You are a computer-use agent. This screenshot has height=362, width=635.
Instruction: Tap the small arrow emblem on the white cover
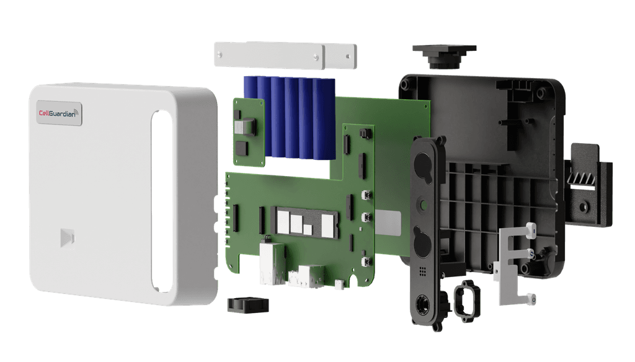[x=67, y=237]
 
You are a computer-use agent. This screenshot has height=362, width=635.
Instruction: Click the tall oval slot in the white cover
[x=162, y=200]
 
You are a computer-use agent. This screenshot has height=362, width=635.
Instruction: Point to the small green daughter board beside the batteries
[x=246, y=131]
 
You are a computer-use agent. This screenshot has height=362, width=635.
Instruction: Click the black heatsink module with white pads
[x=303, y=220]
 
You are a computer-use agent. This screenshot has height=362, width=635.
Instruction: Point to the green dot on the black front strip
[x=423, y=202]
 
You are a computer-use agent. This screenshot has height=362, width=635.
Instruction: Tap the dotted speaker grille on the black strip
[x=422, y=271]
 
